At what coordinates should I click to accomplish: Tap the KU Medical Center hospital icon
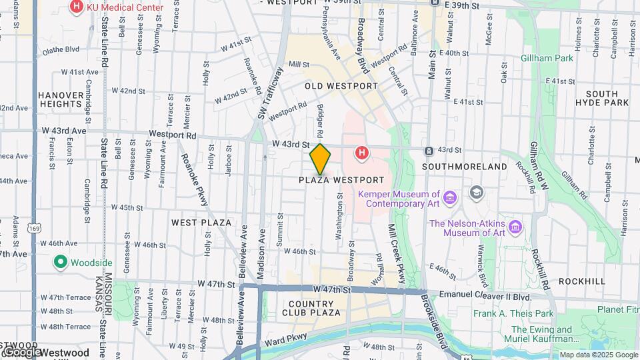[76, 7]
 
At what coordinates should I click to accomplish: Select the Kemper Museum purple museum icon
[450, 198]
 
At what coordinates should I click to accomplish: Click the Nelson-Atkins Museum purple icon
[515, 228]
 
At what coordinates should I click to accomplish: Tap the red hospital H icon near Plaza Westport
[362, 153]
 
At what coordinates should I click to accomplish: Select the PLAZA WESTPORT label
[341, 180]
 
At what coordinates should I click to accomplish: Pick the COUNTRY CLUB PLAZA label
[315, 307]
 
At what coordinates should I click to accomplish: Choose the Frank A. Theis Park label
[513, 313]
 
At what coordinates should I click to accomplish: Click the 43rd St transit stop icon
[429, 151]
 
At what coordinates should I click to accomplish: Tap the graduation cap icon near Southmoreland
[476, 193]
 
